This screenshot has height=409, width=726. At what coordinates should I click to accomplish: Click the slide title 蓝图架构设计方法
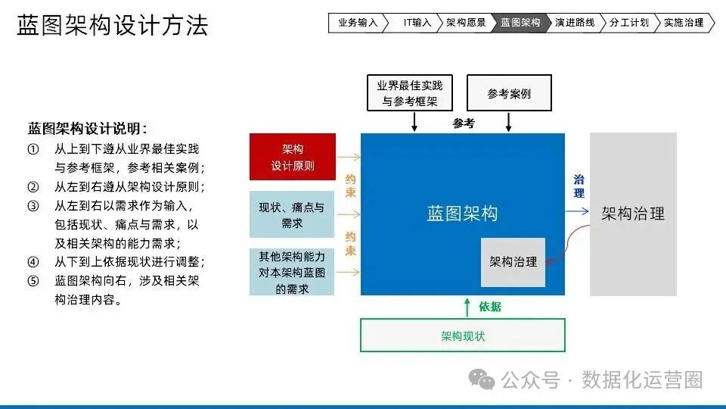coord(112,26)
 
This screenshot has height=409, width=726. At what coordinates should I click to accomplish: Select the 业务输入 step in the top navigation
coord(357,23)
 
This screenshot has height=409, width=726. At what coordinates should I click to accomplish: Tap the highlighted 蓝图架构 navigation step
coord(520,23)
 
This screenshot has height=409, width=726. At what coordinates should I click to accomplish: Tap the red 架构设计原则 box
coord(292,157)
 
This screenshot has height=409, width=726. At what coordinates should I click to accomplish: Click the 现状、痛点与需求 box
coord(292,214)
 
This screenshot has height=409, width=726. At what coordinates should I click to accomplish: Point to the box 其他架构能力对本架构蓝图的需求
coord(292,272)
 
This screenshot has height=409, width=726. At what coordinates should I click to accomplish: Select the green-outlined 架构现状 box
coord(463,336)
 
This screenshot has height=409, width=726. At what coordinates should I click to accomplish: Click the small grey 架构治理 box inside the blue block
coord(513,262)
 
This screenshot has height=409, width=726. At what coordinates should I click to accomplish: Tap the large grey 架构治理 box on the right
coord(633,214)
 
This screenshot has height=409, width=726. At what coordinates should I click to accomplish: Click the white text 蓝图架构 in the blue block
coord(462,213)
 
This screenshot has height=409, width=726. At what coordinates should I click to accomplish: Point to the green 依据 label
coord(490,307)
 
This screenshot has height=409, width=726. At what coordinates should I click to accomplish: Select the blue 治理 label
coord(579,186)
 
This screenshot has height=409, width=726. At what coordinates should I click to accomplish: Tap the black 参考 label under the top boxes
coord(464,123)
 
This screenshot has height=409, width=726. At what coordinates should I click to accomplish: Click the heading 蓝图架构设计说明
coord(87,128)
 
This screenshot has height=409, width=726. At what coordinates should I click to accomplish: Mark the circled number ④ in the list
coord(33,262)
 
